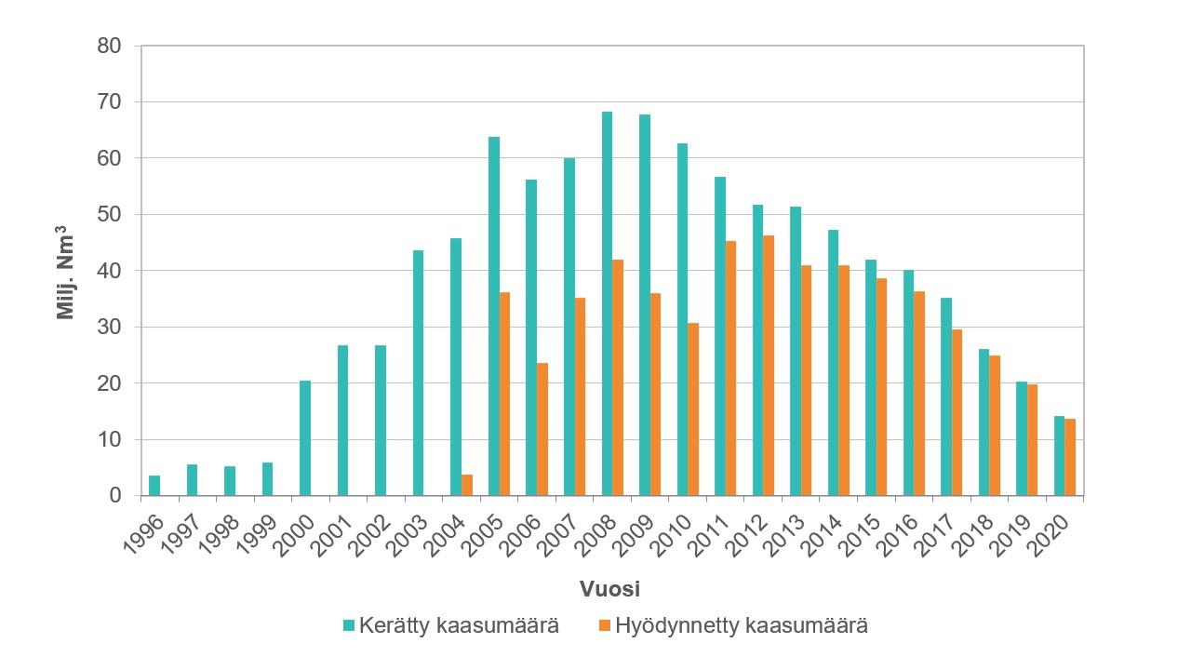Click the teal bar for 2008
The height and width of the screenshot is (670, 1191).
point(607,303)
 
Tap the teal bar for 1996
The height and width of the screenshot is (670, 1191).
point(154,486)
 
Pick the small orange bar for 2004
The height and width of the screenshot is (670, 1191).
point(467,486)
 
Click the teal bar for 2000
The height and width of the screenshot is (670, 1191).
point(305,438)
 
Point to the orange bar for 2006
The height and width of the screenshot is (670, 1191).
point(542,429)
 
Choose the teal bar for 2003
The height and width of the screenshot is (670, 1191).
point(419,373)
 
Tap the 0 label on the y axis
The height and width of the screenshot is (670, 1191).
point(115,496)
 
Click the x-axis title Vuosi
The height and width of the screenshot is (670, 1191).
point(609,589)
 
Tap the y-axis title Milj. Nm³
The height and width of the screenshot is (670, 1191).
point(66,271)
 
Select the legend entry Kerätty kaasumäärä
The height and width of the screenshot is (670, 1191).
point(451,625)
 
